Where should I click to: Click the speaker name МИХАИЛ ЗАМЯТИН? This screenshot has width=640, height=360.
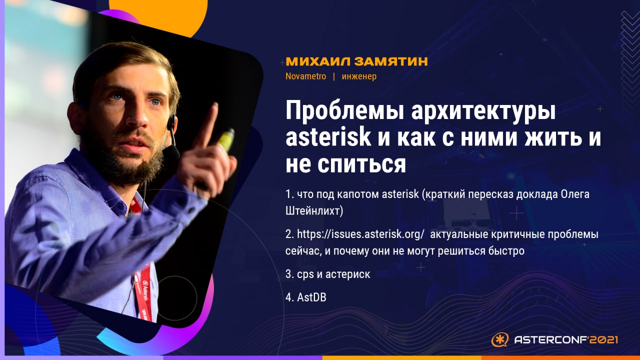coord(356,61)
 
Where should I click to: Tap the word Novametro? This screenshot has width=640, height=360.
coord(305,76)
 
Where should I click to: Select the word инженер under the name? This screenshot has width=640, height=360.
coord(359,77)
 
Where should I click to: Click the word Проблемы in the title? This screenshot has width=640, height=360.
coord(345,111)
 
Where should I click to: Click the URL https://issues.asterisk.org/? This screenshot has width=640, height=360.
coord(360,234)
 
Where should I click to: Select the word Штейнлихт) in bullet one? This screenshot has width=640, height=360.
coord(314,211)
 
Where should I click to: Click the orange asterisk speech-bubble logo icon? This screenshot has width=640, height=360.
coord(499,339)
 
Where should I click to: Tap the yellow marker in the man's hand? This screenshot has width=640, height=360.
coord(226,139)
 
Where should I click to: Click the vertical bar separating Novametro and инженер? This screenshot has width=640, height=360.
coord(334,77)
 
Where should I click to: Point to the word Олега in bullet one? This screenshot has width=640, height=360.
coord(575,194)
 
